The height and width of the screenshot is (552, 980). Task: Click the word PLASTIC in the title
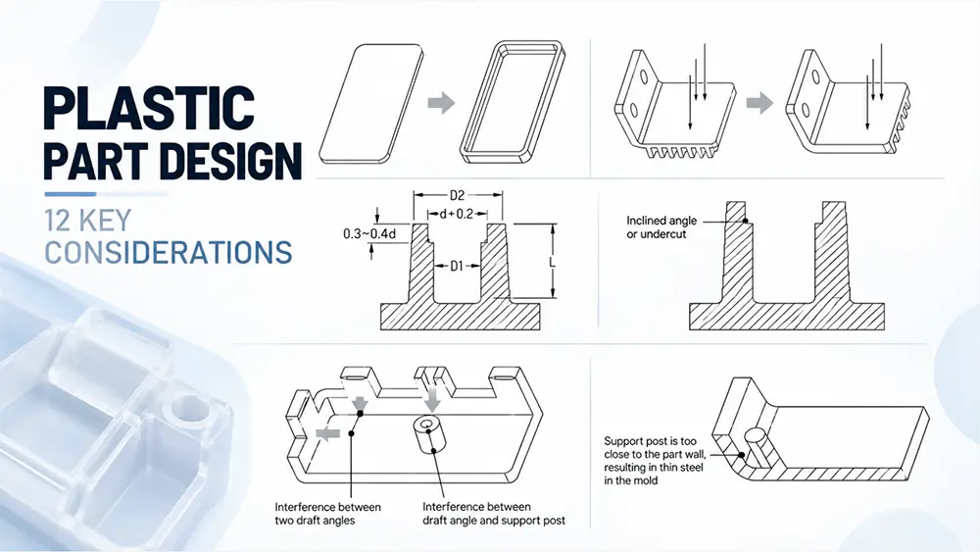149,107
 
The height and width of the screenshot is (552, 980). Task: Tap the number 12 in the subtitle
58,221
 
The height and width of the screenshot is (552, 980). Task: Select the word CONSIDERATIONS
169,252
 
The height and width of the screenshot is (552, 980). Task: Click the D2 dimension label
457,196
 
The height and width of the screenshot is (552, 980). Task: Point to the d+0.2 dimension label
456,215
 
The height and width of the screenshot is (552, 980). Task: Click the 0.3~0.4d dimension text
369,233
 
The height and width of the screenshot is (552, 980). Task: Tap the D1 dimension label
457,267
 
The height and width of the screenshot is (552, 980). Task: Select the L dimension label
553,263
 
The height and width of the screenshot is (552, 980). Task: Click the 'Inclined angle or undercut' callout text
661,227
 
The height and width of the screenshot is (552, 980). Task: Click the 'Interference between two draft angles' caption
327,513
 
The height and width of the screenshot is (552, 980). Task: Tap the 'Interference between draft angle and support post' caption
494,513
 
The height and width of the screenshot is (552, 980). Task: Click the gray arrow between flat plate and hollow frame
441,103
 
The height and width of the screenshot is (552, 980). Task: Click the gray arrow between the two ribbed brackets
759,103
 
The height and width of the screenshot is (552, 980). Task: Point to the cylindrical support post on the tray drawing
427,433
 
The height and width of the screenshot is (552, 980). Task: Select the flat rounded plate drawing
371,104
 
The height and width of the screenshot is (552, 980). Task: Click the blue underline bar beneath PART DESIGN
70,194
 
